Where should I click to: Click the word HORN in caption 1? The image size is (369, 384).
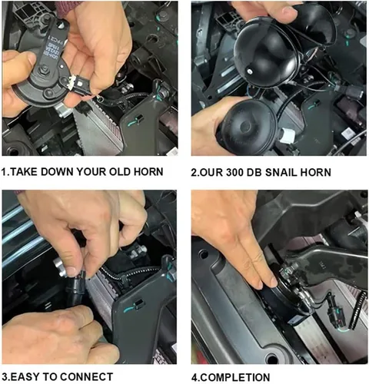coord(148,172)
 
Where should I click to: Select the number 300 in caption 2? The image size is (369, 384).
coord(236,172)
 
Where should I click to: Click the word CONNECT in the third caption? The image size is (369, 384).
coord(87,377)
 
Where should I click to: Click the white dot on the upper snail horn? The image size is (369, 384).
coord(249,71)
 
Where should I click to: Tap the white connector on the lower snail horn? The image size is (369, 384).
coord(288,136)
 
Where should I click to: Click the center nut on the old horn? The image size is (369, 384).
coord(45,68)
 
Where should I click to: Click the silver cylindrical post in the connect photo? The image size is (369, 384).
coord(61,268)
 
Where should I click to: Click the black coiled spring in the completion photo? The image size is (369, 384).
coord(357,310)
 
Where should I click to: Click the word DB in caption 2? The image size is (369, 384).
coord(255,172)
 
